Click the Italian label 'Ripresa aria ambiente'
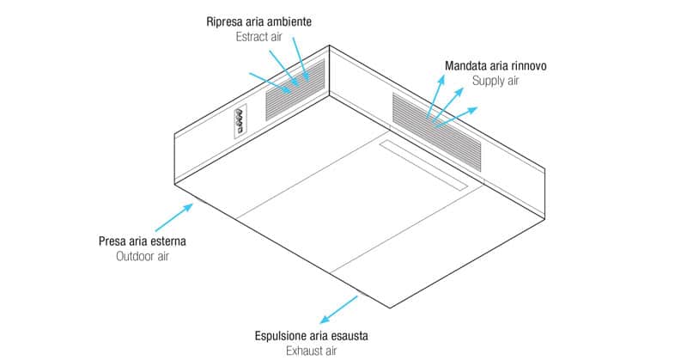[259, 21]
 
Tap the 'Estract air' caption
[259, 37]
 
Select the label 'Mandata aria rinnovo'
[495, 66]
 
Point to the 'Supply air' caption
[495, 81]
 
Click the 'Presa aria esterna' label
[143, 241]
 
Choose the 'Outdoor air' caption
[143, 256]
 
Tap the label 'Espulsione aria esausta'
[312, 336]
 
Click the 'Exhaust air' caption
[312, 351]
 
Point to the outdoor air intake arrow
[174, 217]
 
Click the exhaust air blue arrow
[338, 309]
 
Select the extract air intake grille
[295, 90]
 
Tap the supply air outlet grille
[436, 131]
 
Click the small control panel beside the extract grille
[240, 121]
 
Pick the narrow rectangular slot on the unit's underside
[423, 165]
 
